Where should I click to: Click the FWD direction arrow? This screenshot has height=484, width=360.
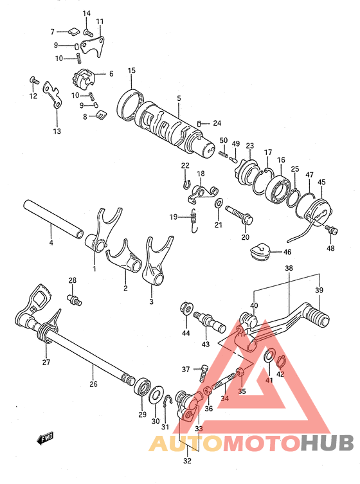(45, 438)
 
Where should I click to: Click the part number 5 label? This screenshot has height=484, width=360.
(179, 98)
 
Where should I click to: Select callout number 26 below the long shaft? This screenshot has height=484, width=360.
(94, 384)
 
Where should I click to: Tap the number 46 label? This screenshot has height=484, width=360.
(287, 252)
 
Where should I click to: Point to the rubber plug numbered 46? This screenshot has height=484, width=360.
(259, 250)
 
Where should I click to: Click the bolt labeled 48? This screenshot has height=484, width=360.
(332, 229)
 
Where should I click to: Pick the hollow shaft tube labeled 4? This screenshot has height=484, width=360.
(53, 219)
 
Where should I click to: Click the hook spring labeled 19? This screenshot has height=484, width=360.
(194, 220)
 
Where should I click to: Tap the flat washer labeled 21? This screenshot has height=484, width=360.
(219, 202)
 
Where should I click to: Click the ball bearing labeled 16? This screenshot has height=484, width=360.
(278, 190)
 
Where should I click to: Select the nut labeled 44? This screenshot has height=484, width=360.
(186, 309)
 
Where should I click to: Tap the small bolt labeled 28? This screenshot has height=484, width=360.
(75, 300)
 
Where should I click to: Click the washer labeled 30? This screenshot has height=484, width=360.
(156, 395)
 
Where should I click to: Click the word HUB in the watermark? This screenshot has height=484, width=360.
(327, 444)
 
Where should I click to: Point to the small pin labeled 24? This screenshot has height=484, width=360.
(199, 123)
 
